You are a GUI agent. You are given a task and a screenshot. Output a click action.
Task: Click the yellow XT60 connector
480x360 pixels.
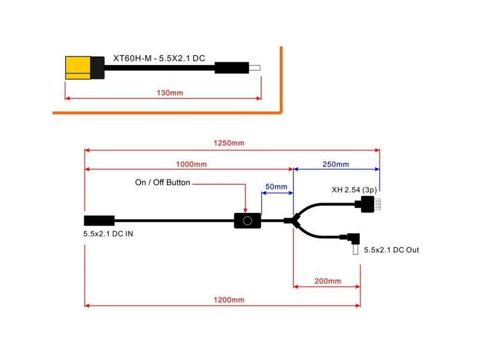point(78,68)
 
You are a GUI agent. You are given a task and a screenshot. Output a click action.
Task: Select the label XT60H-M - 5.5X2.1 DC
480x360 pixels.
point(159,59)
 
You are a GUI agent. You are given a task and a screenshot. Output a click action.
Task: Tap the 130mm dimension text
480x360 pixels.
point(170,93)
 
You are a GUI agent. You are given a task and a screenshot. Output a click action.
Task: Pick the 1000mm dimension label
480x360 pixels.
point(191,165)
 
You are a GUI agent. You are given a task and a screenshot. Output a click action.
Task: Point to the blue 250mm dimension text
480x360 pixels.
point(336,165)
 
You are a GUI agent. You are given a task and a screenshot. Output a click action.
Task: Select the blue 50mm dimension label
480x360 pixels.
point(276,187)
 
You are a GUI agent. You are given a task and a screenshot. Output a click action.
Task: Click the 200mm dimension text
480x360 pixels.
point(328,281)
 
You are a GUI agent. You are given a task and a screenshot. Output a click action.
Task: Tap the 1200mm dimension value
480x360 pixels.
point(230,300)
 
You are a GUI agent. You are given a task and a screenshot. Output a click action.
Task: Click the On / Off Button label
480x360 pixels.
point(163,183)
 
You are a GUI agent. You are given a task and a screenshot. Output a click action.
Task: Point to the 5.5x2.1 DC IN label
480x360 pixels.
point(108,233)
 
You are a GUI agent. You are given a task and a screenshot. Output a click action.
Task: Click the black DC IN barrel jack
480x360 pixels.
point(99,220)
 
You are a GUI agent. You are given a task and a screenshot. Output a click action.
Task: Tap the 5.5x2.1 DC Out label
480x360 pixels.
point(391,250)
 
